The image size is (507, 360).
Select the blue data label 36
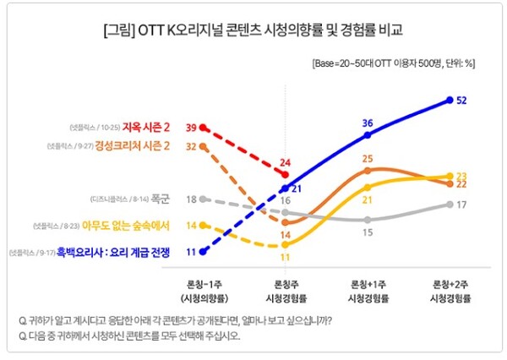[368, 123]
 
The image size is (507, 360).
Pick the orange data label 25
[368, 158]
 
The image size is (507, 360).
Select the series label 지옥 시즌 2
[146, 128]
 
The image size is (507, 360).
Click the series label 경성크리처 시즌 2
[134, 146]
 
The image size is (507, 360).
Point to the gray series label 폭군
[161, 199]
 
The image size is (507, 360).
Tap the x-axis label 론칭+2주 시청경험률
[450, 292]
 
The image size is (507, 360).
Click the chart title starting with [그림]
[253, 32]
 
